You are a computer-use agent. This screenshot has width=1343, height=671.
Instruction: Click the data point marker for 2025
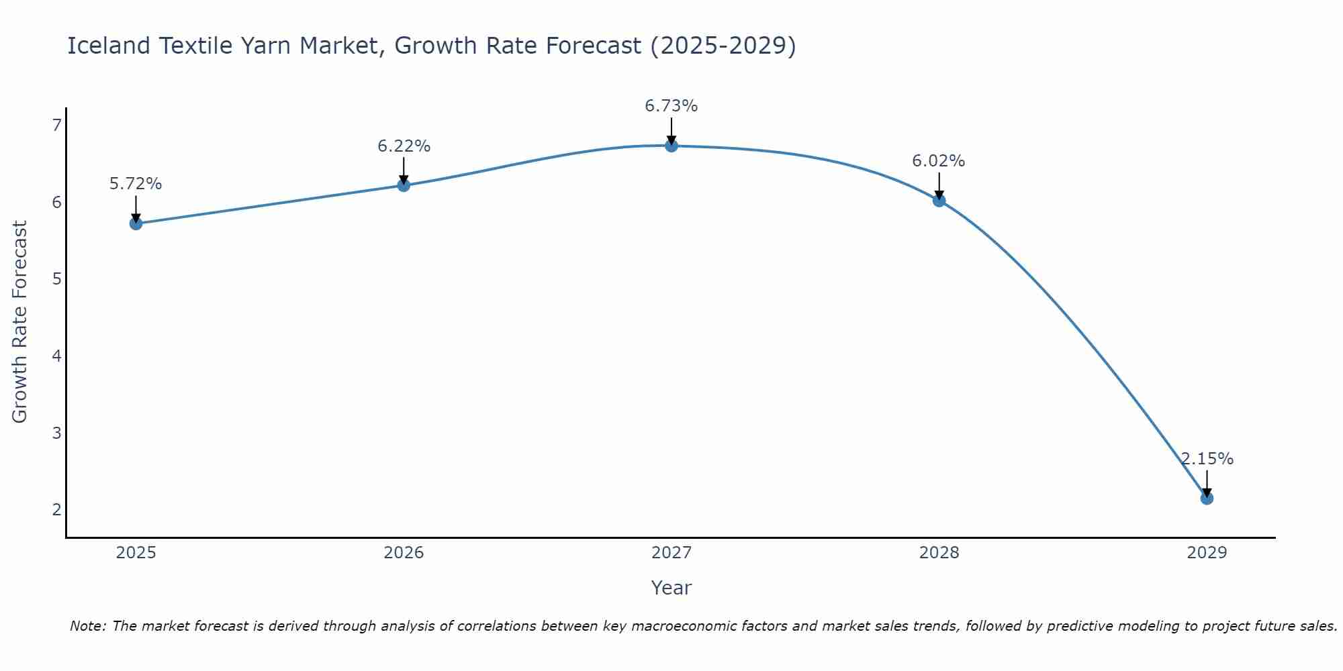(136, 223)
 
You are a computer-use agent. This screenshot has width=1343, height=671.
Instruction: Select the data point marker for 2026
(404, 185)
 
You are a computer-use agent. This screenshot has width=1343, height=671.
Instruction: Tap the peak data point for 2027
(671, 146)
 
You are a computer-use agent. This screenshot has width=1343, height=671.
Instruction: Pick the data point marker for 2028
(939, 200)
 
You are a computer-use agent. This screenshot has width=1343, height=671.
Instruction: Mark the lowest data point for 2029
(1207, 498)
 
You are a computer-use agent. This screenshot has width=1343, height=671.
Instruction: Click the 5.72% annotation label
(136, 184)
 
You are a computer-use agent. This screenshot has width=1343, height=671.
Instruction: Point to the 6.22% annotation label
(404, 146)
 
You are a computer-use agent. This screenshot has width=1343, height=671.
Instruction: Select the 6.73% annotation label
(671, 106)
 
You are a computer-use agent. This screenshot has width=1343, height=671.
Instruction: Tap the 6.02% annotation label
(939, 161)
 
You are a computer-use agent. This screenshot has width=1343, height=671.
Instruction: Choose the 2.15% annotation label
(1207, 459)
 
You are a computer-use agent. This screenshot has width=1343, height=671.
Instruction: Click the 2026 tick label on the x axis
(404, 553)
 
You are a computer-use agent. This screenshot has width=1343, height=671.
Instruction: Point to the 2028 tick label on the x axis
(939, 553)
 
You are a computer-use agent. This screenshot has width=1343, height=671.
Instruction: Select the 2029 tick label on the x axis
(1207, 553)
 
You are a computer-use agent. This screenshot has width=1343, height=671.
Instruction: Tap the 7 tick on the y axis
(56, 125)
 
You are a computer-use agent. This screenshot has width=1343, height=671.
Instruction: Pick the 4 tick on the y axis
(56, 356)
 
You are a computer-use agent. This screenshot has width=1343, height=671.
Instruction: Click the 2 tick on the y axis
(56, 509)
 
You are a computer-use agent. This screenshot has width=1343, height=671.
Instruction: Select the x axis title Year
(671, 588)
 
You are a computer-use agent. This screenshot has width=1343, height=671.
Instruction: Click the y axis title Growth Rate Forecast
(20, 322)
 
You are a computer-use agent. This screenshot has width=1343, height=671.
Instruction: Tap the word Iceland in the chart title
(109, 46)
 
